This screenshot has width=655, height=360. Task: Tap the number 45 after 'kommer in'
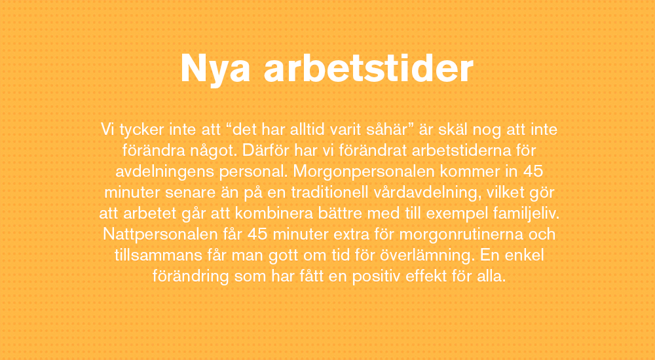point(533,171)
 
